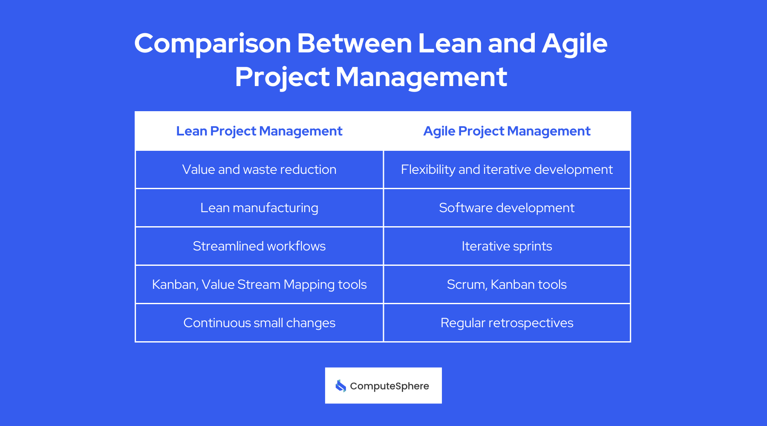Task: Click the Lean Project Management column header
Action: (x=259, y=131)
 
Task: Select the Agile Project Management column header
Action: (x=507, y=131)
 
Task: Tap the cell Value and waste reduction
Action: (x=259, y=170)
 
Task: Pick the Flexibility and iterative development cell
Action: (x=507, y=170)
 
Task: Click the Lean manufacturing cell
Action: (x=259, y=208)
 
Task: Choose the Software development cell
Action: (x=507, y=208)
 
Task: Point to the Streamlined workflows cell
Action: (x=259, y=246)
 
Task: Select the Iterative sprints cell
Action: (x=507, y=246)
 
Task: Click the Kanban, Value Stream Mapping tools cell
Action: (x=259, y=285)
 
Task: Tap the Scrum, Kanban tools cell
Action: (x=507, y=285)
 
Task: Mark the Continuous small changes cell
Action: (x=259, y=323)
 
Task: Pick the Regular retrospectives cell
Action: (x=507, y=323)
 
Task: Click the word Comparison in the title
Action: (x=212, y=44)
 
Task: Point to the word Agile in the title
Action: (x=574, y=44)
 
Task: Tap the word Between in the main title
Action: (x=355, y=44)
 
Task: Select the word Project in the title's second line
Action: (x=282, y=78)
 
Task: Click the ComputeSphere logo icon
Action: (x=340, y=386)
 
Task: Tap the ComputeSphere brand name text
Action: (x=389, y=386)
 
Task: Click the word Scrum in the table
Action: (x=466, y=285)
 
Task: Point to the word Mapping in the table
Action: (x=309, y=285)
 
